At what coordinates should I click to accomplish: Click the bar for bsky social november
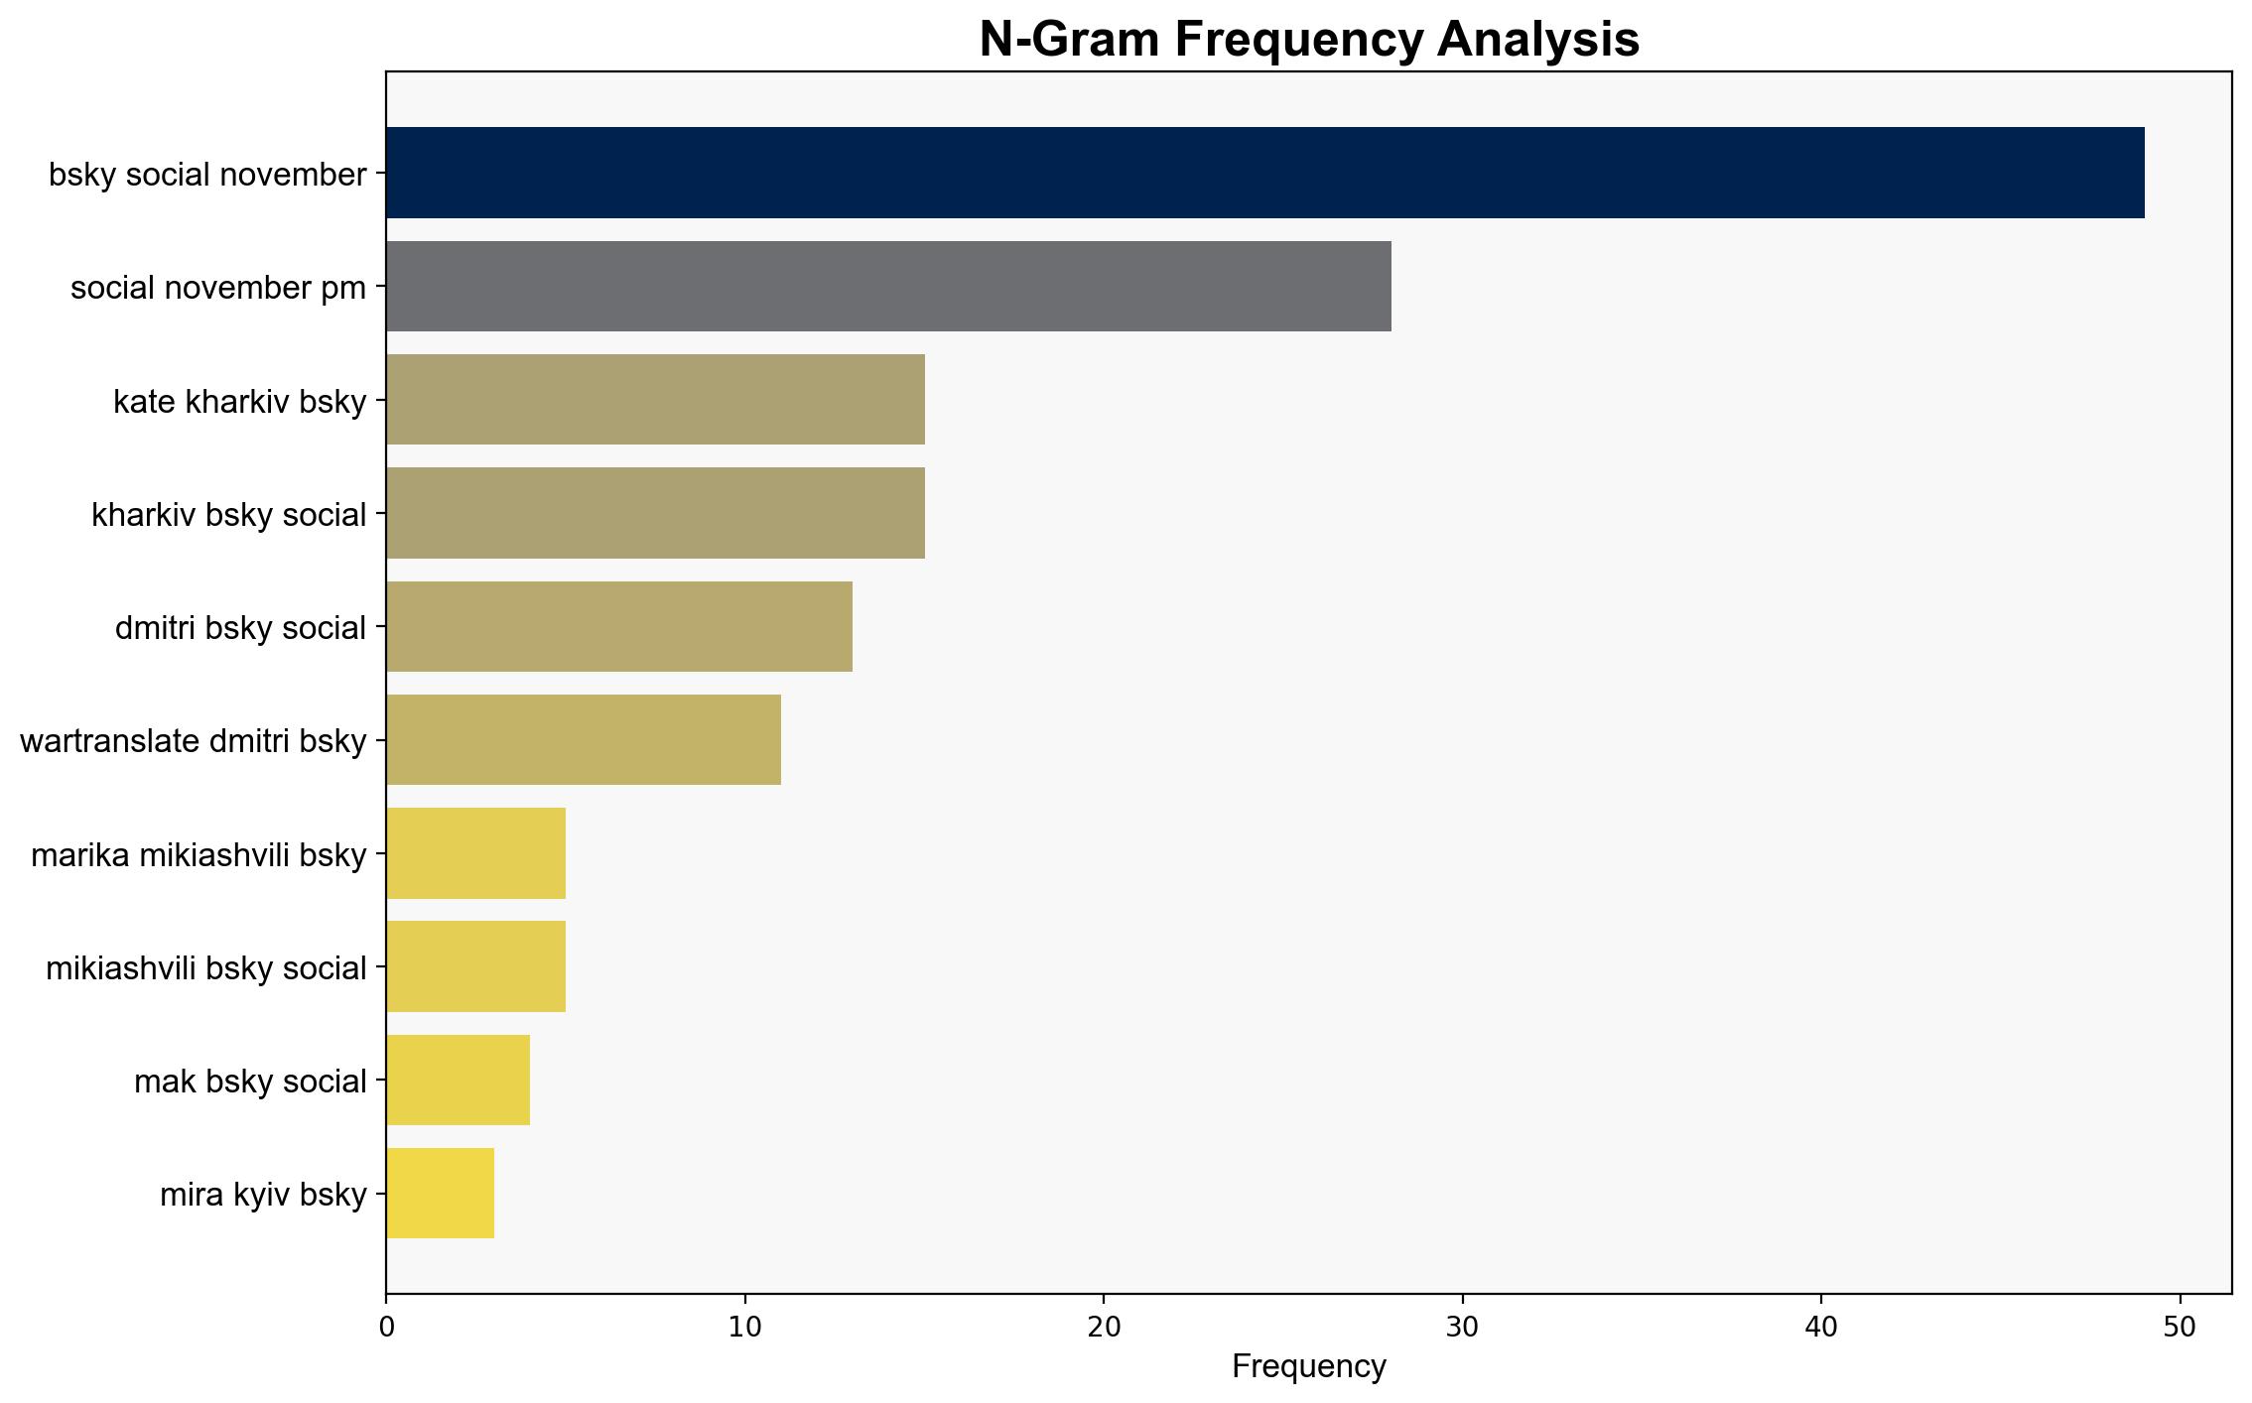pos(1265,173)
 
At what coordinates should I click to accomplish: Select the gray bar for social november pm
pos(888,286)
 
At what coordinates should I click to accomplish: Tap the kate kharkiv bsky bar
pos(656,400)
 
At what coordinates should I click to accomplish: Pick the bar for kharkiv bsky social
pos(656,513)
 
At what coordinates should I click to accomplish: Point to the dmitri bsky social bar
pos(619,626)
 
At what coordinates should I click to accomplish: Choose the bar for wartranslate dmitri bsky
pos(584,739)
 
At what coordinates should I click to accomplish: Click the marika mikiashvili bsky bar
pos(476,853)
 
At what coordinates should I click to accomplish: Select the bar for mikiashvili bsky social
pos(476,966)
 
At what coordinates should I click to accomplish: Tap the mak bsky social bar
pos(459,1080)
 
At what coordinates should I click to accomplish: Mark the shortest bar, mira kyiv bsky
pos(441,1193)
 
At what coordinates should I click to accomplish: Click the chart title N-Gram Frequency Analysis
pos(1309,40)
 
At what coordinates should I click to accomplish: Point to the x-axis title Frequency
pos(1309,1366)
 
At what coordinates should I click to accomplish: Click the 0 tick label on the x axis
pos(386,1327)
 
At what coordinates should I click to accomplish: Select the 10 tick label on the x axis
pos(744,1327)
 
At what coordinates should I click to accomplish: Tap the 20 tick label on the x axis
pos(1104,1327)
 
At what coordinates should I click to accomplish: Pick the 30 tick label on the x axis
pos(1463,1327)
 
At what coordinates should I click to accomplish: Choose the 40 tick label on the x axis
pos(1821,1327)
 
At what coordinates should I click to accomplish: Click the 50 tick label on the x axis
pos(2181,1327)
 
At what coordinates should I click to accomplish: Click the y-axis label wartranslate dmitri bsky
pos(194,741)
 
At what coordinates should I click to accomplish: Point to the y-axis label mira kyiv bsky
pos(264,1195)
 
